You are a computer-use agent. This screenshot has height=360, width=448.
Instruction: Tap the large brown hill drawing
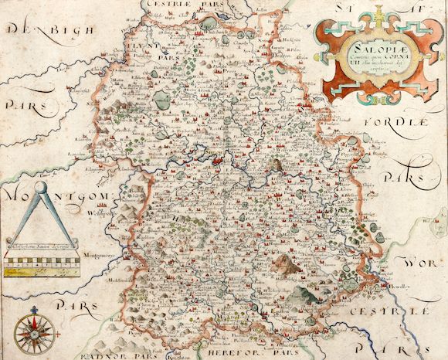(287, 263)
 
